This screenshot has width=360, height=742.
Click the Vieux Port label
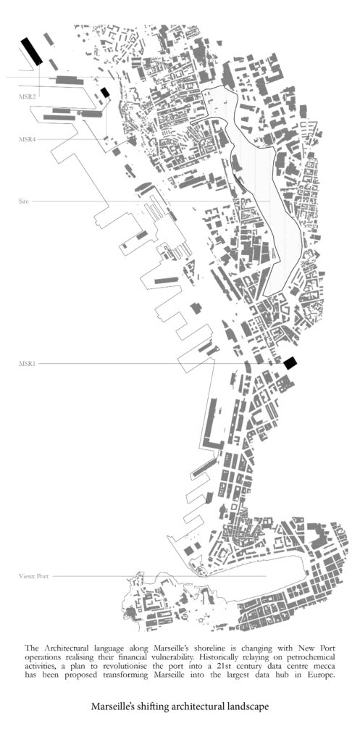(33, 576)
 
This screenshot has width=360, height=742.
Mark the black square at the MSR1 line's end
(290, 363)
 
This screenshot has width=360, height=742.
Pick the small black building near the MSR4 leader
(105, 92)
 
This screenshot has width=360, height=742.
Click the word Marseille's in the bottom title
(110, 706)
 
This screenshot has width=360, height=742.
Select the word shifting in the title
(145, 707)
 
